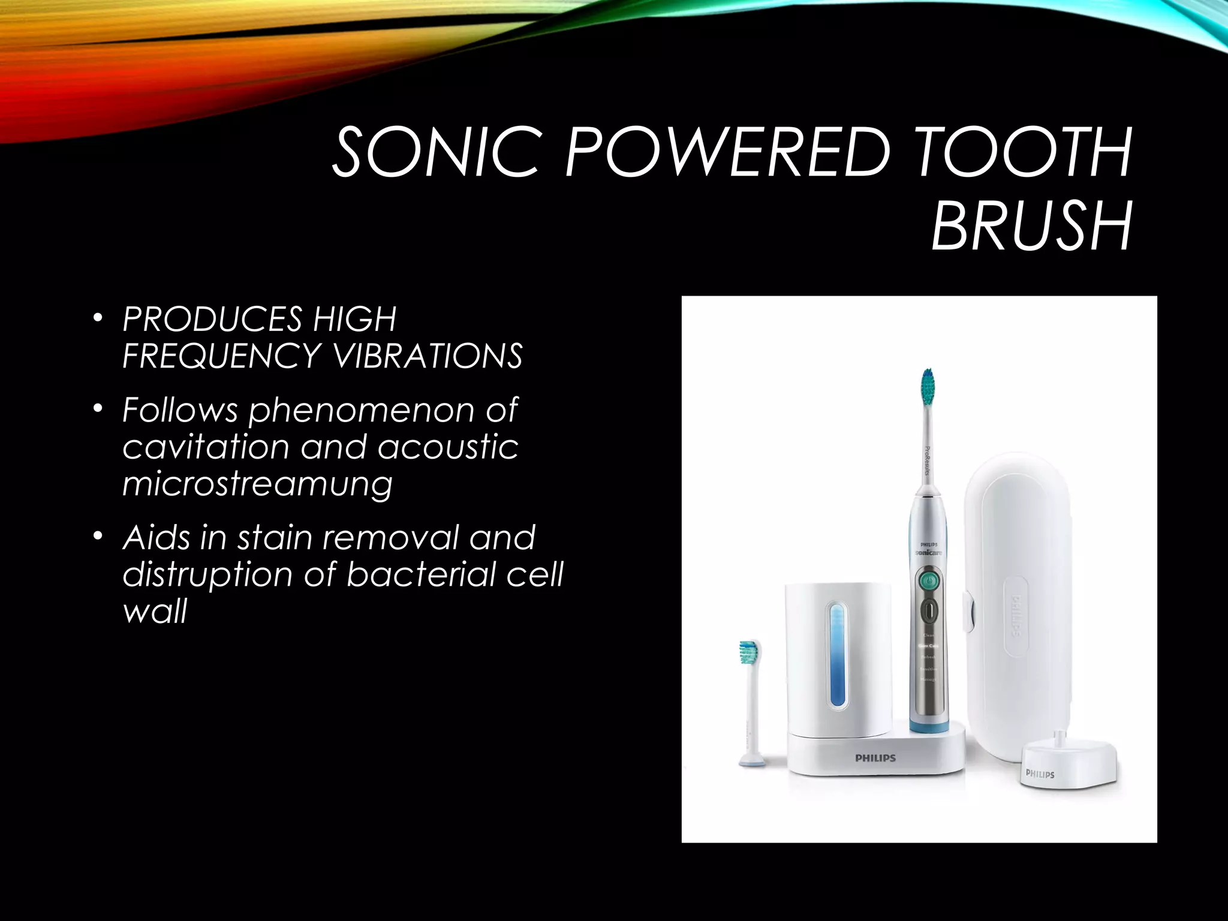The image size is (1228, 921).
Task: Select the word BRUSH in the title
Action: click(x=1032, y=227)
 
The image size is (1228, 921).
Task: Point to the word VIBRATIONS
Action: click(x=428, y=356)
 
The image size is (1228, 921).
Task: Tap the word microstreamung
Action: click(x=257, y=484)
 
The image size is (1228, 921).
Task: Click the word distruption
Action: click(x=207, y=574)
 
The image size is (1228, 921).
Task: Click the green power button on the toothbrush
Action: click(x=928, y=580)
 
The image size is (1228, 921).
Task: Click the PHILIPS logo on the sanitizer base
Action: click(x=875, y=758)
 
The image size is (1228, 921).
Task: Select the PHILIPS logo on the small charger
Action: click(x=1040, y=774)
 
